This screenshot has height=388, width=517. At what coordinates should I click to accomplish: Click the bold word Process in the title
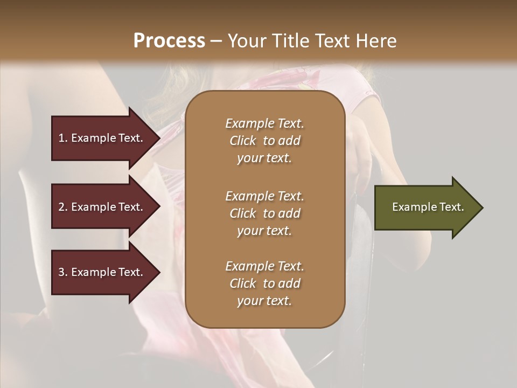[x=169, y=40]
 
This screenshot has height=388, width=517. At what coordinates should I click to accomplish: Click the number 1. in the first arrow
[x=63, y=138]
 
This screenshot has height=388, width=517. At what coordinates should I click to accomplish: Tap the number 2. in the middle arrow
[x=63, y=207]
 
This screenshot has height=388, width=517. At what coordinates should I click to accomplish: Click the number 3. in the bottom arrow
[x=63, y=272]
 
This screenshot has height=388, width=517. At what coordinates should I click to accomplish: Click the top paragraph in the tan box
[x=264, y=141]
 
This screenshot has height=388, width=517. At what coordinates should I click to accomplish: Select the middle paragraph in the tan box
[x=264, y=213]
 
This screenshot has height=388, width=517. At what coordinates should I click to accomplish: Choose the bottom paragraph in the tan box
[x=264, y=283]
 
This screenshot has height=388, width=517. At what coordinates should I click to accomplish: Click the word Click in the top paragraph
[x=243, y=141]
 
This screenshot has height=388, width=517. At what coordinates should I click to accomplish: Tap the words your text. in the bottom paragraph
[x=264, y=301]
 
